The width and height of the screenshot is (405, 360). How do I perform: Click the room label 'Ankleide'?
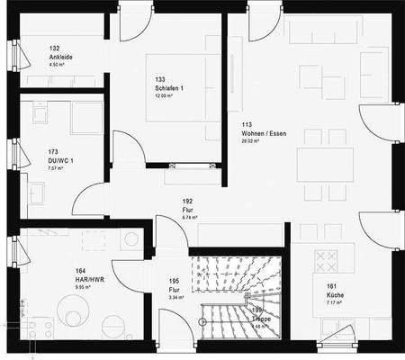pyautogui.click(x=62, y=57)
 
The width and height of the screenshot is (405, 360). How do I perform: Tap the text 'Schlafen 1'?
pyautogui.click(x=169, y=88)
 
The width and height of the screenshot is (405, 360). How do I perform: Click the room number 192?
pyautogui.click(x=188, y=202)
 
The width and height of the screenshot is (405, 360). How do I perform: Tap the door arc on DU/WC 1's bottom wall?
pyautogui.click(x=90, y=200)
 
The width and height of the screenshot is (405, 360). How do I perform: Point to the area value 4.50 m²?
pyautogui.click(x=59, y=65)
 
